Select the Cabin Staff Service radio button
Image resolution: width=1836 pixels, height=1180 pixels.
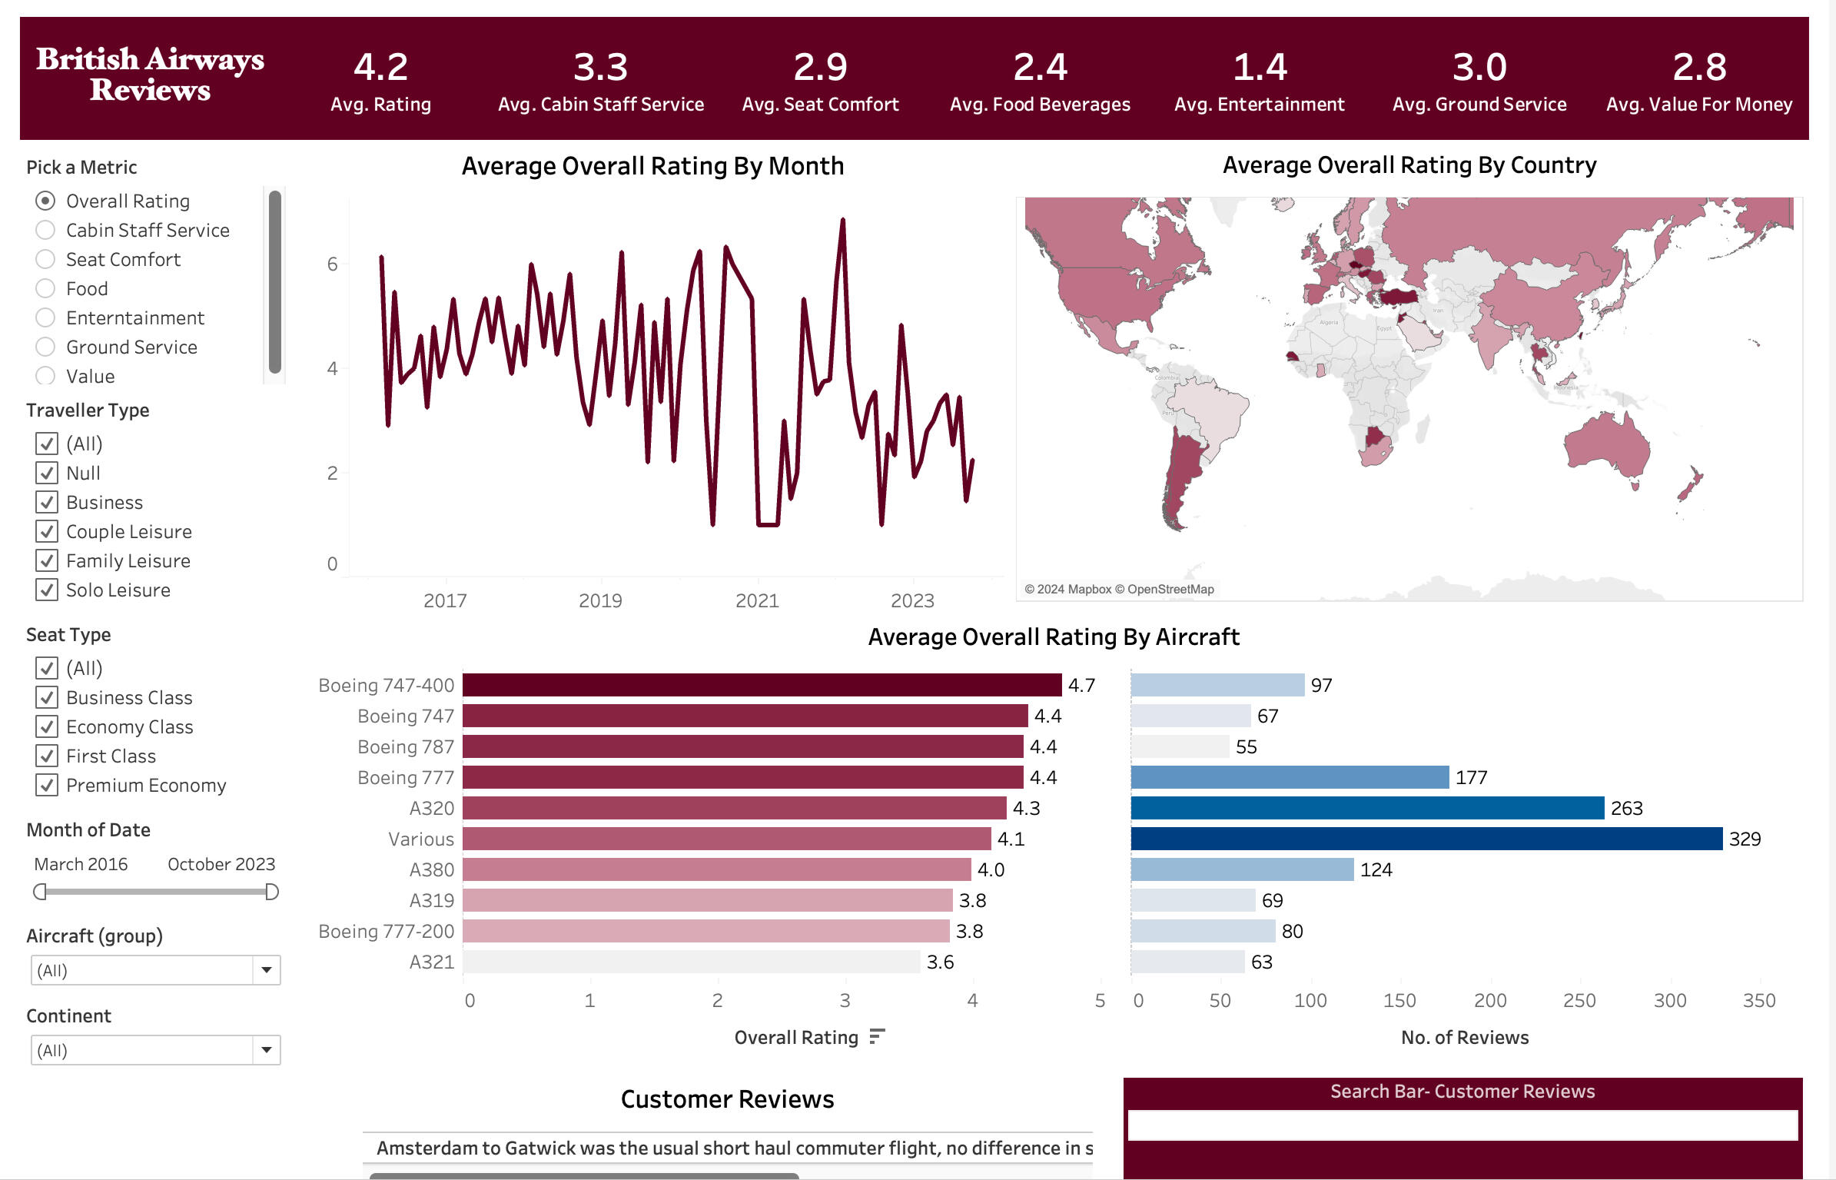click(46, 230)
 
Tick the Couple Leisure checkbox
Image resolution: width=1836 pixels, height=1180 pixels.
click(47, 531)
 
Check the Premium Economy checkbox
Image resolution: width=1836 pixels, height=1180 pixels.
click(47, 785)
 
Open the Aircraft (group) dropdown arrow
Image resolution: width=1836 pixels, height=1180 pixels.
click(266, 970)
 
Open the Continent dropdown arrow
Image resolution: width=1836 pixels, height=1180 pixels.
click(266, 1050)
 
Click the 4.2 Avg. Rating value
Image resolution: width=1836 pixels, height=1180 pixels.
click(380, 68)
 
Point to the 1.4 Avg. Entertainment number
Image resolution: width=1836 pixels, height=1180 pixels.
click(1259, 68)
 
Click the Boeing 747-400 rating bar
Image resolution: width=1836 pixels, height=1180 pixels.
click(761, 685)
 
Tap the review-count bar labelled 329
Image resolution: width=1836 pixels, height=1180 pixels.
click(1426, 839)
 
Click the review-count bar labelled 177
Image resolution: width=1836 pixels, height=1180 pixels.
click(1290, 777)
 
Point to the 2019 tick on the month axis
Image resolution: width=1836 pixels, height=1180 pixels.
click(600, 600)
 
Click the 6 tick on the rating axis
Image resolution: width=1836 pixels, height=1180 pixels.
click(332, 264)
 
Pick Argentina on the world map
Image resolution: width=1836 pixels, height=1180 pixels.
click(1180, 477)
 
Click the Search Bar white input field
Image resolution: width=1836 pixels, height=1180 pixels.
click(1462, 1125)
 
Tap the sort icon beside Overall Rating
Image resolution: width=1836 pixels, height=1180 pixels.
click(877, 1037)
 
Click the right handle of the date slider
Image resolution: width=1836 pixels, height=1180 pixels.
click(271, 892)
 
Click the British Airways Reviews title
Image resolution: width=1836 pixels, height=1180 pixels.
click(151, 75)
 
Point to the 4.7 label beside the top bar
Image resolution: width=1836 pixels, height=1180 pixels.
click(1081, 685)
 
